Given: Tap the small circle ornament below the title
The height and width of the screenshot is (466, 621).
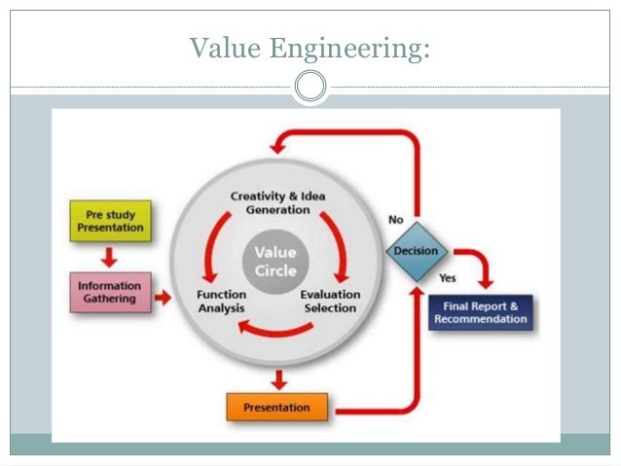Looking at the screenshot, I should coord(310,88).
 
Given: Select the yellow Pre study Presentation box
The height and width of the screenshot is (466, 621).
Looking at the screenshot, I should coord(110,221).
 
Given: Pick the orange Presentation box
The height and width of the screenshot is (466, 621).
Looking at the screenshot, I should coord(277,407).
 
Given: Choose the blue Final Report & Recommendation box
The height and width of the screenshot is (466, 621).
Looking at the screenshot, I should coord(482,312).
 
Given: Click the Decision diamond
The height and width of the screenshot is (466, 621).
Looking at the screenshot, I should coord(416,252).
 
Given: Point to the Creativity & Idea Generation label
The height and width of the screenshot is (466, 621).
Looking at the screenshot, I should coord(277,202).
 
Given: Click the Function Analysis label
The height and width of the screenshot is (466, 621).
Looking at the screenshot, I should coord(221,301).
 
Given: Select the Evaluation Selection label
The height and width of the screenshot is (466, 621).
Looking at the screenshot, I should coord(330,301).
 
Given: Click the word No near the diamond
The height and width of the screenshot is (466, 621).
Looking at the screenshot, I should coord(396,220).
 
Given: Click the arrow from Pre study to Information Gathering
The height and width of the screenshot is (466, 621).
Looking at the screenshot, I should coord(109,257).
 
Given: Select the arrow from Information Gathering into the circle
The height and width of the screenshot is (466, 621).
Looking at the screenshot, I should coord(163,296).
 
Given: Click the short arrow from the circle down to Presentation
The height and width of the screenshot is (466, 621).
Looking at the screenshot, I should coord(279,376).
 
